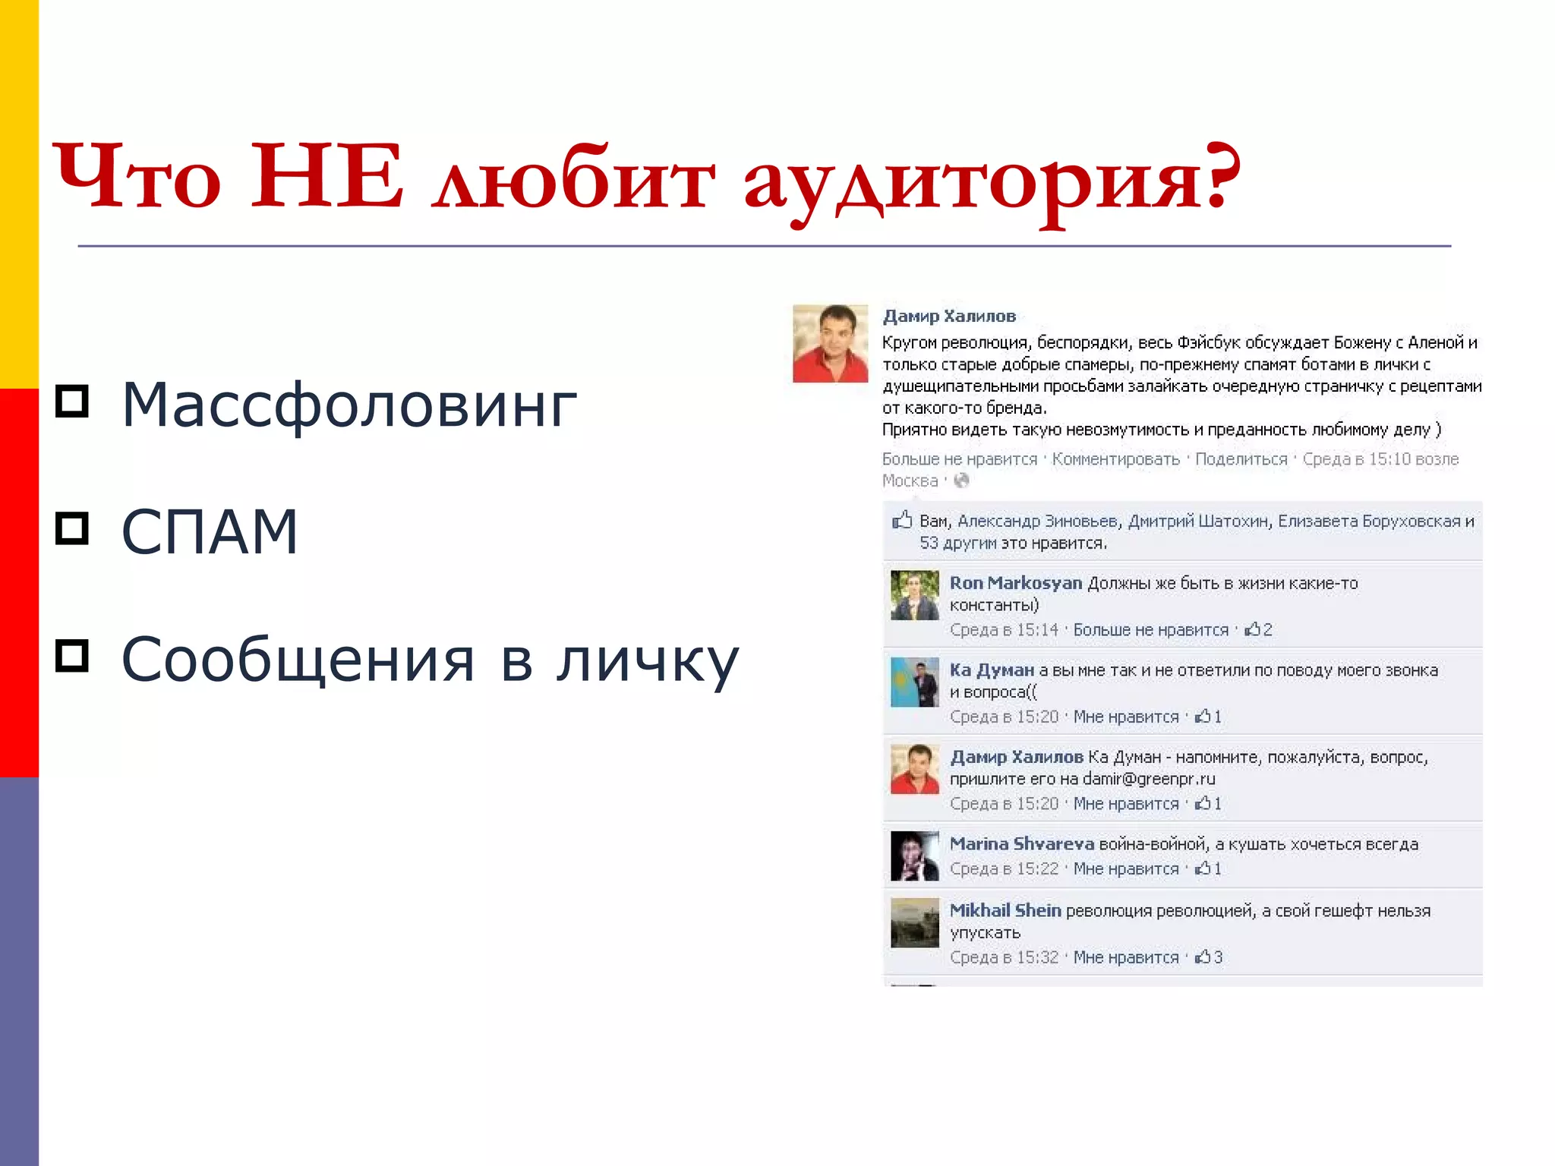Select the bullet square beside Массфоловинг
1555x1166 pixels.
[x=72, y=401]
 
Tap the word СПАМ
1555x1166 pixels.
[x=210, y=532]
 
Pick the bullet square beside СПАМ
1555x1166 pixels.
[x=72, y=528]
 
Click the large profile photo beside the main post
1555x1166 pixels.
[x=830, y=343]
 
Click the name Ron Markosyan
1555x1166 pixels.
[x=1015, y=583]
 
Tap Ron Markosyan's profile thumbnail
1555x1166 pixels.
[x=914, y=595]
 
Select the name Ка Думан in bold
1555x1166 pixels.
[x=992, y=670]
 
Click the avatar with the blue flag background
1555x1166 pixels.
[x=914, y=682]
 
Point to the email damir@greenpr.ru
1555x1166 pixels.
[x=1148, y=779]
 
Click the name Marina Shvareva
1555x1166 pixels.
[x=1021, y=844]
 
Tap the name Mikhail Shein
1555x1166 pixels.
[x=1005, y=910]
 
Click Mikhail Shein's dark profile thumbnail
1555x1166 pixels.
[x=914, y=922]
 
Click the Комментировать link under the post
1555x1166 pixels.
[x=1115, y=459]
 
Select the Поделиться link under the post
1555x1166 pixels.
[x=1241, y=459]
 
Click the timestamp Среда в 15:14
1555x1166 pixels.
[x=1004, y=630]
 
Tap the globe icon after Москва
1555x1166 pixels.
[x=961, y=481]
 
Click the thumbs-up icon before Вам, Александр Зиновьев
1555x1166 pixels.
[x=902, y=521]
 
